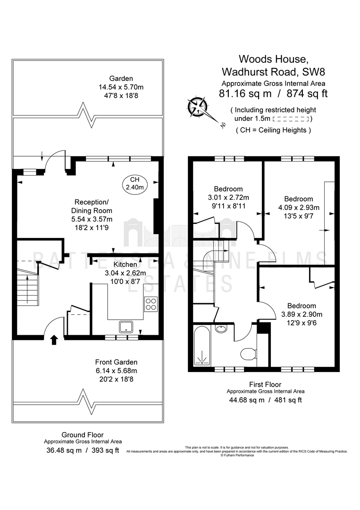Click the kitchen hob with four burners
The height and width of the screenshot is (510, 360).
tap(151, 305)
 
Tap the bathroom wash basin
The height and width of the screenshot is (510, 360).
tap(221, 329)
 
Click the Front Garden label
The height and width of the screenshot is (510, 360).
tap(116, 354)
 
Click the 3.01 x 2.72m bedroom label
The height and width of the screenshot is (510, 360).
tap(228, 197)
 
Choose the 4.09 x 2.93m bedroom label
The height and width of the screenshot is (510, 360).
tap(298, 207)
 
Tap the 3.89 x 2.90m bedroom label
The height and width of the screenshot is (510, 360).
tap(299, 314)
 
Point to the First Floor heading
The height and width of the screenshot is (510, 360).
tap(265, 384)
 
